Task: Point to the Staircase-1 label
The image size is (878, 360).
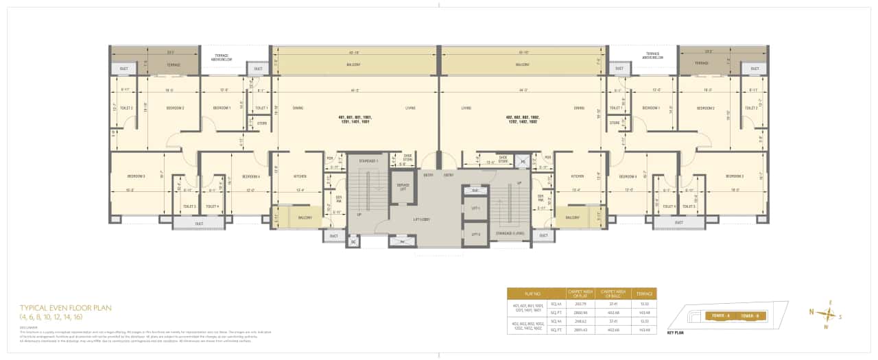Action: [x=368, y=161]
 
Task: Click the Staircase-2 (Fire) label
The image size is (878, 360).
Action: [x=510, y=234]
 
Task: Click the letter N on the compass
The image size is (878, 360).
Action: [x=811, y=312]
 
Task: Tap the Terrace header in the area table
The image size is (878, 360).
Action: [x=644, y=293]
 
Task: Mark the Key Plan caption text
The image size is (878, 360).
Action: [x=676, y=333]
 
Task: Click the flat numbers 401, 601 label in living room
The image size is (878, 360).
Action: [x=354, y=119]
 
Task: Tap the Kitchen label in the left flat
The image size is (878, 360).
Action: [x=300, y=176]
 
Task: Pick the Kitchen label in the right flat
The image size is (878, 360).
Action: [x=578, y=176]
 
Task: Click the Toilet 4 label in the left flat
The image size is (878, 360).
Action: [x=212, y=206]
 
